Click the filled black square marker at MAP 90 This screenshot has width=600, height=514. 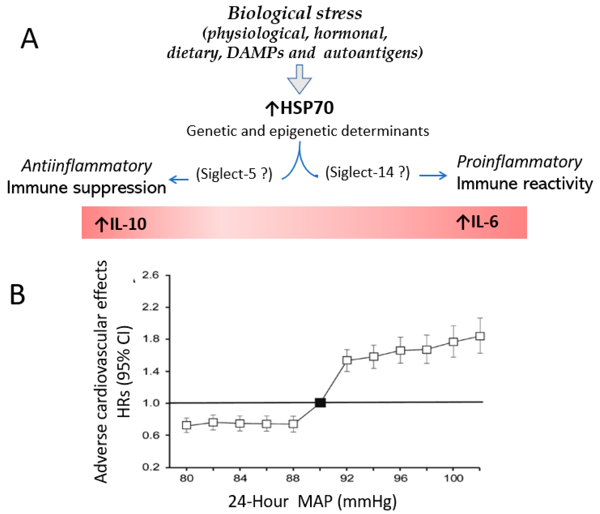[x=320, y=403]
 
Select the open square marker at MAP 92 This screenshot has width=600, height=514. [x=347, y=360]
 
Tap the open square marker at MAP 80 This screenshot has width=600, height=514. [x=187, y=425]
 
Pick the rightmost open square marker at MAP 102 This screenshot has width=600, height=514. [x=480, y=336]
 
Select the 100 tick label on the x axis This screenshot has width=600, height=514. [x=453, y=478]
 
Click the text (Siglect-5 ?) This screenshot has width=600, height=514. [x=234, y=174]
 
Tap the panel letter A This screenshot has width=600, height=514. [x=30, y=39]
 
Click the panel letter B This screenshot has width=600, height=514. [x=17, y=295]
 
